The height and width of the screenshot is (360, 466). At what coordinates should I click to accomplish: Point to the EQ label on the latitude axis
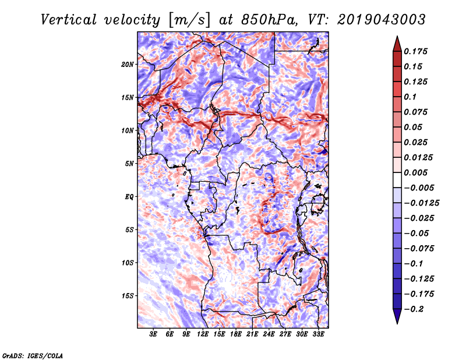(x=129, y=197)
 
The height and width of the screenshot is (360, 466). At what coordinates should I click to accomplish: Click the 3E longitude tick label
(x=154, y=334)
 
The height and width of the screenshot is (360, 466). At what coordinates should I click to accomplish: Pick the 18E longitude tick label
(x=236, y=334)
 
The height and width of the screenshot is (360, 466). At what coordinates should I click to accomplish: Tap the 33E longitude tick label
(x=318, y=334)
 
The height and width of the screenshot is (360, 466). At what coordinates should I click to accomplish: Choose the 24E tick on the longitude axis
(x=269, y=334)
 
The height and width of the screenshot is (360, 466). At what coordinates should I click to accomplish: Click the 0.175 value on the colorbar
(x=416, y=51)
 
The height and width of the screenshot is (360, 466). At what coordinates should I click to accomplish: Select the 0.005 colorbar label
(x=416, y=172)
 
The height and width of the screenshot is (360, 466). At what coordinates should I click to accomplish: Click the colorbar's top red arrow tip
(x=396, y=38)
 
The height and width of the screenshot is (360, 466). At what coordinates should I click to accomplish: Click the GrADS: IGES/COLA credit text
(x=32, y=354)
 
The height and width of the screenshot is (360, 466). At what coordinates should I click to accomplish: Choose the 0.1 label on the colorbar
(x=410, y=97)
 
